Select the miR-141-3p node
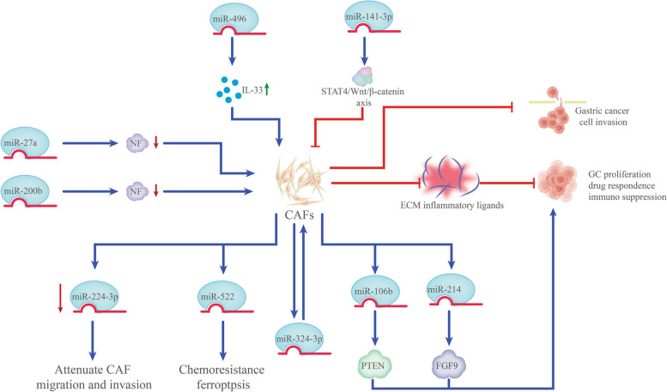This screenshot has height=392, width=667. (x=368, y=17)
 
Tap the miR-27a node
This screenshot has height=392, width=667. (x=26, y=143)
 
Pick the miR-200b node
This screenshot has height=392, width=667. (x=26, y=191)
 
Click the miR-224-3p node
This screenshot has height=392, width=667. (x=94, y=296)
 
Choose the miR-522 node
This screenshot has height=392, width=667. (x=222, y=296)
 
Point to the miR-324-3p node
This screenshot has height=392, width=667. (x=300, y=339)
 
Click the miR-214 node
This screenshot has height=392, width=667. (x=450, y=289)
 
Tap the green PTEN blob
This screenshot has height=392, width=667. (x=373, y=365)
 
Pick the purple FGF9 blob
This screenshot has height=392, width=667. (x=448, y=365)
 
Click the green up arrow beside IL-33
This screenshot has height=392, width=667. (x=267, y=89)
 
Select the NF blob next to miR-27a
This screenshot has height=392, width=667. (x=137, y=143)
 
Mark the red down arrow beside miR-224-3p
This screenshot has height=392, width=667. (x=60, y=298)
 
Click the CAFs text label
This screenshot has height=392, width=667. (x=300, y=215)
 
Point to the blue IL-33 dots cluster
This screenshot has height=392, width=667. (x=227, y=90)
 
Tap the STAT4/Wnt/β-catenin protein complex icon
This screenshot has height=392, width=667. (x=362, y=76)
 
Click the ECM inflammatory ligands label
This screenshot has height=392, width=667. (x=452, y=205)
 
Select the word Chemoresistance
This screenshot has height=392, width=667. (x=221, y=370)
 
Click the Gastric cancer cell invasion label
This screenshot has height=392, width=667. (x=603, y=117)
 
